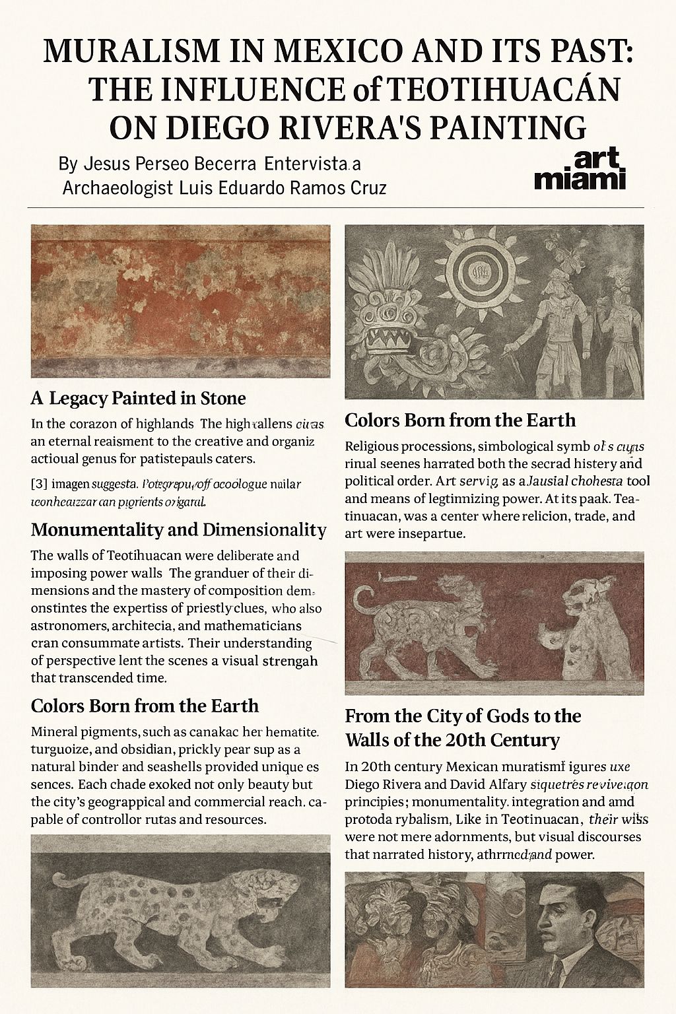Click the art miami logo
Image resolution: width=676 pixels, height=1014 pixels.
point(580,170)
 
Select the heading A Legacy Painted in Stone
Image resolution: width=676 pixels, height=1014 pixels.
point(138,398)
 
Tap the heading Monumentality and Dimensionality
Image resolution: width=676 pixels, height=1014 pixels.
point(178,529)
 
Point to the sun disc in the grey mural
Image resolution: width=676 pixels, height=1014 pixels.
point(475,269)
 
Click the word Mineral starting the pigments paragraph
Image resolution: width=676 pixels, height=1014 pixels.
point(56,732)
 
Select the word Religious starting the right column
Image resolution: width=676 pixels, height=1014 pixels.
point(374,446)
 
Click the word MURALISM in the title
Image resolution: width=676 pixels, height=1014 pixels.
point(125,51)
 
